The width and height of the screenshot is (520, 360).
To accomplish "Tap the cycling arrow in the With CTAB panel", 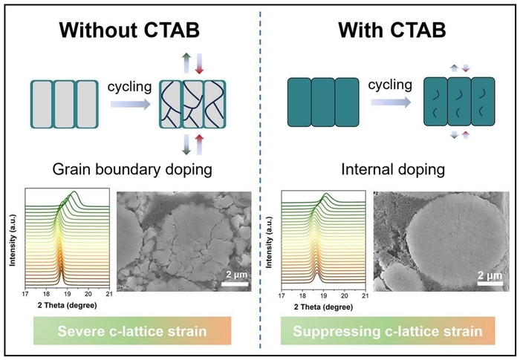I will click(x=389, y=105).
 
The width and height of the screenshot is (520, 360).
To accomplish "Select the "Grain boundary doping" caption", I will click(x=130, y=169).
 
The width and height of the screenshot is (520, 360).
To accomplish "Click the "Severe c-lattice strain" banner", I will click(x=130, y=330).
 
